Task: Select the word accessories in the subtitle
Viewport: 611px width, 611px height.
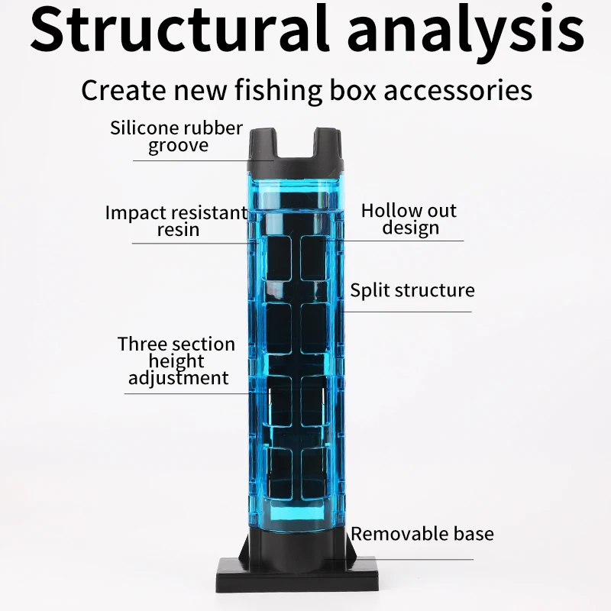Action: click(457, 90)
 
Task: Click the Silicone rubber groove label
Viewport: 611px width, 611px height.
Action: click(176, 136)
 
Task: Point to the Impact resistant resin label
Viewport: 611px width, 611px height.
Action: click(176, 220)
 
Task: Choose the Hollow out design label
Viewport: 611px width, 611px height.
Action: click(409, 218)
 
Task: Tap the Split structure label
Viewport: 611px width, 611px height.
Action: click(412, 290)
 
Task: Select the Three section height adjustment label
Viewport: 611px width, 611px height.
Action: click(176, 360)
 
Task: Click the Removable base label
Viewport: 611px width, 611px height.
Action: click(422, 533)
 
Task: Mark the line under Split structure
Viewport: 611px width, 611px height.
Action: click(409, 312)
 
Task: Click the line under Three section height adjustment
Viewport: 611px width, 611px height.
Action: click(187, 393)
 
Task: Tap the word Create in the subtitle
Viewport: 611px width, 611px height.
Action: click(123, 90)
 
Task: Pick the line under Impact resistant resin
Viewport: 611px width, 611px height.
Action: click(191, 243)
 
